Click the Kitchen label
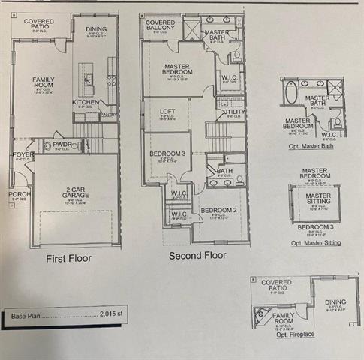pyautogui.click(x=85, y=102)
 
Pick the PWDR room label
pyautogui.click(x=62, y=144)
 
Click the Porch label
pyautogui.click(x=20, y=195)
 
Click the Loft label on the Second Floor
pyautogui.click(x=168, y=112)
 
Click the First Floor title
pyautogui.click(x=68, y=258)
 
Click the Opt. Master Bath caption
pyautogui.click(x=311, y=145)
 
